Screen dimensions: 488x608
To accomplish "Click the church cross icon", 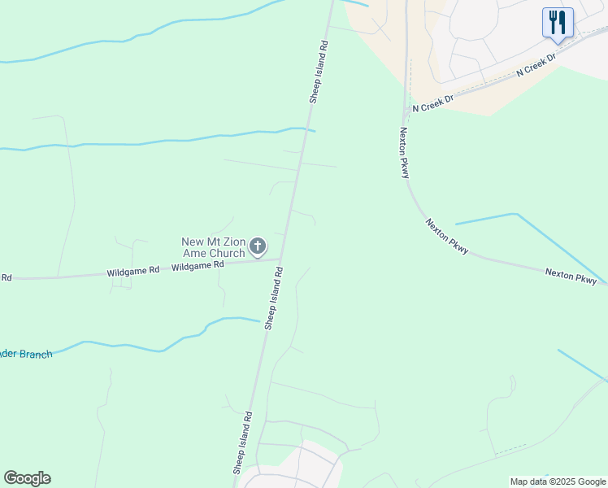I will click(x=258, y=246).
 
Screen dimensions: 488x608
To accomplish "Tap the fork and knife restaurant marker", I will click(x=558, y=23).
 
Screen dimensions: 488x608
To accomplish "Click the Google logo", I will click(x=27, y=478).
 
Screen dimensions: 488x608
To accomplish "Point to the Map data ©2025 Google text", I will click(x=558, y=481).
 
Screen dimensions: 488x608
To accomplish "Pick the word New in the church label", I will click(x=193, y=242).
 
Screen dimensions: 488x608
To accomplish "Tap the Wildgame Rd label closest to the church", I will click(x=198, y=266).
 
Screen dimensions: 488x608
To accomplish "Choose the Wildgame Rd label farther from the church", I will click(x=132, y=272).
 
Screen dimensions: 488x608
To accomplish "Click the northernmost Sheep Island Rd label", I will click(x=319, y=72).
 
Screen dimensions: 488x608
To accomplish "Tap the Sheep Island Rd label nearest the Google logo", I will click(x=243, y=442).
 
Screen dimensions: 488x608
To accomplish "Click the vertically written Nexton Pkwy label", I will click(x=404, y=152).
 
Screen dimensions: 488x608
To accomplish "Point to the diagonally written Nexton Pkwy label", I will click(x=447, y=237).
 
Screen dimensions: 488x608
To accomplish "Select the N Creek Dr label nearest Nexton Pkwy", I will click(x=432, y=102).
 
